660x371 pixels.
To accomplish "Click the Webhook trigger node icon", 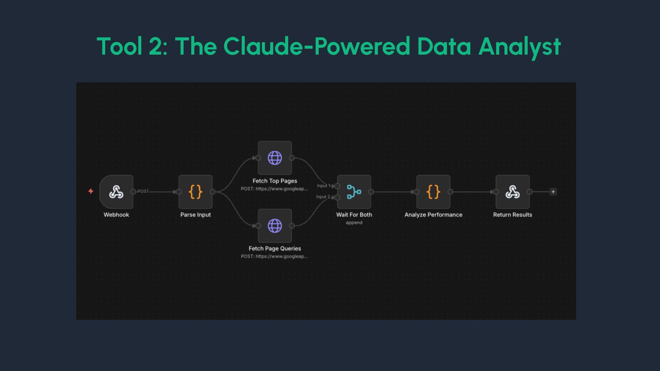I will click(116, 192).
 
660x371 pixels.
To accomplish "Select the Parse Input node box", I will click(195, 192).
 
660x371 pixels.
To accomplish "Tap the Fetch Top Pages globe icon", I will click(275, 158).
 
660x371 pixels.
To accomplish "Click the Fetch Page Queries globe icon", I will click(275, 226).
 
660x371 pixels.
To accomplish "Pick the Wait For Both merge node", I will click(354, 192).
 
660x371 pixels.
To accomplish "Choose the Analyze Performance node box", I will click(433, 192).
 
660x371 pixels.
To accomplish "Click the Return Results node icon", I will click(512, 192).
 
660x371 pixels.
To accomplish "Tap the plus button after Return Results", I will click(553, 192).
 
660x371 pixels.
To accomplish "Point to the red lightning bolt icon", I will click(91, 191).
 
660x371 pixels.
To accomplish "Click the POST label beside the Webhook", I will click(143, 191).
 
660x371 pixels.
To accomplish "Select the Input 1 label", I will click(323, 186).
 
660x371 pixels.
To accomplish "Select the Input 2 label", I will click(323, 197).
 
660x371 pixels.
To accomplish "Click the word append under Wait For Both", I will click(354, 223).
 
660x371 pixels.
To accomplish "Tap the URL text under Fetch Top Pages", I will click(274, 189).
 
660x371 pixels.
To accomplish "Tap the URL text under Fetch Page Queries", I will click(274, 256).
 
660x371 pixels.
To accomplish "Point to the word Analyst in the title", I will click(519, 46).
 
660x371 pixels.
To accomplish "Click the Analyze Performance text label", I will click(433, 215).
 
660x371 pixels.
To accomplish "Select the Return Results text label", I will click(513, 215).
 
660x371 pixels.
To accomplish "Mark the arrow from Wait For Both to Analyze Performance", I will click(394, 192).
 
